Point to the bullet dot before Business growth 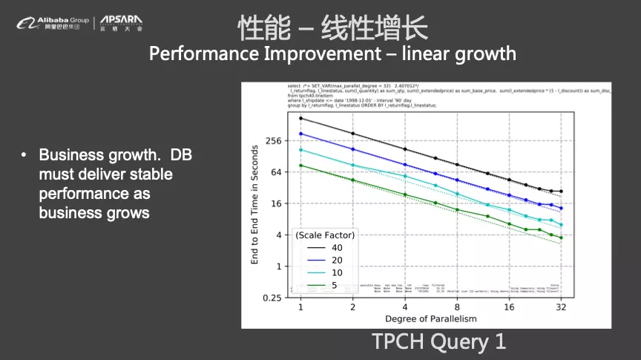click(x=24, y=156)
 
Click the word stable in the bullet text click(x=149, y=175)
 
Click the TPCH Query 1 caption click(x=438, y=341)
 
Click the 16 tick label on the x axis click(x=509, y=307)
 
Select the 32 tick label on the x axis click(x=561, y=307)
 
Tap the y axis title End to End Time click(x=254, y=205)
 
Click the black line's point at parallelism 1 click(x=300, y=118)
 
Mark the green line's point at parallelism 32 click(x=561, y=238)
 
